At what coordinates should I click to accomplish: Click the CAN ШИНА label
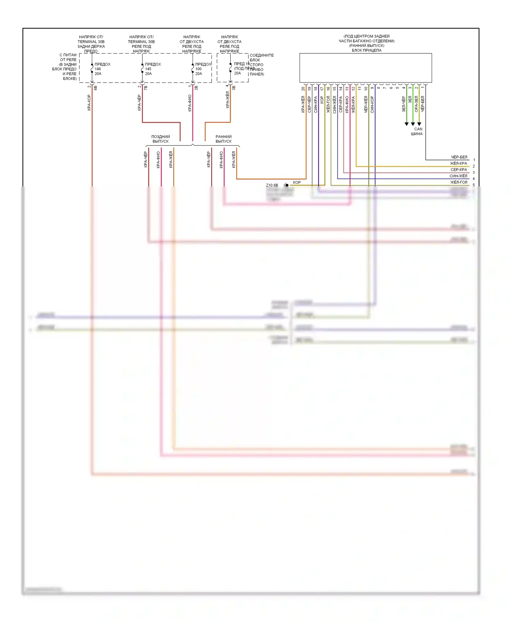[x=417, y=131]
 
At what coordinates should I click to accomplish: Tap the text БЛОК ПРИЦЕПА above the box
[x=367, y=50]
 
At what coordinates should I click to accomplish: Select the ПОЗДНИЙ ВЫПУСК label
[x=160, y=139]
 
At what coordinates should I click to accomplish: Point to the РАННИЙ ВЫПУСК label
[x=223, y=139]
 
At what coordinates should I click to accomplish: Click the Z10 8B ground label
[x=272, y=185]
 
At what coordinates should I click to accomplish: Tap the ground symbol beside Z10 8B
[x=286, y=185]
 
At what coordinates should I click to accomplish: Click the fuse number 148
[x=98, y=69]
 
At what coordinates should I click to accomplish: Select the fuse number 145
[x=148, y=69]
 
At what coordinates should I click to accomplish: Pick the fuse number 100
[x=198, y=69]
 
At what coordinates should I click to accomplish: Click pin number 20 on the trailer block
[x=303, y=89]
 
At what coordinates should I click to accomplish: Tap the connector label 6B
[x=96, y=88]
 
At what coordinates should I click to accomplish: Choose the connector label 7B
[x=146, y=88]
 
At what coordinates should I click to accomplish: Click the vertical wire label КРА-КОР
[x=89, y=103]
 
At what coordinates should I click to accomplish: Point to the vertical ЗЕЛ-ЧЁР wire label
[x=404, y=104]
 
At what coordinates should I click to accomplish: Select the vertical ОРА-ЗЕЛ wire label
[x=416, y=104]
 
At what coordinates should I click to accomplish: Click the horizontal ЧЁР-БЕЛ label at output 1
[x=459, y=157]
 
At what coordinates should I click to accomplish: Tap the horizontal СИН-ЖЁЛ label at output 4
[x=458, y=176]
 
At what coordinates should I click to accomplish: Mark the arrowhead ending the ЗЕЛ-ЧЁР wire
[x=406, y=124]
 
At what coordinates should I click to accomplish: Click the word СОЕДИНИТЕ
[x=262, y=55]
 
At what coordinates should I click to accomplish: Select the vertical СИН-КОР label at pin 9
[x=372, y=104]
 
